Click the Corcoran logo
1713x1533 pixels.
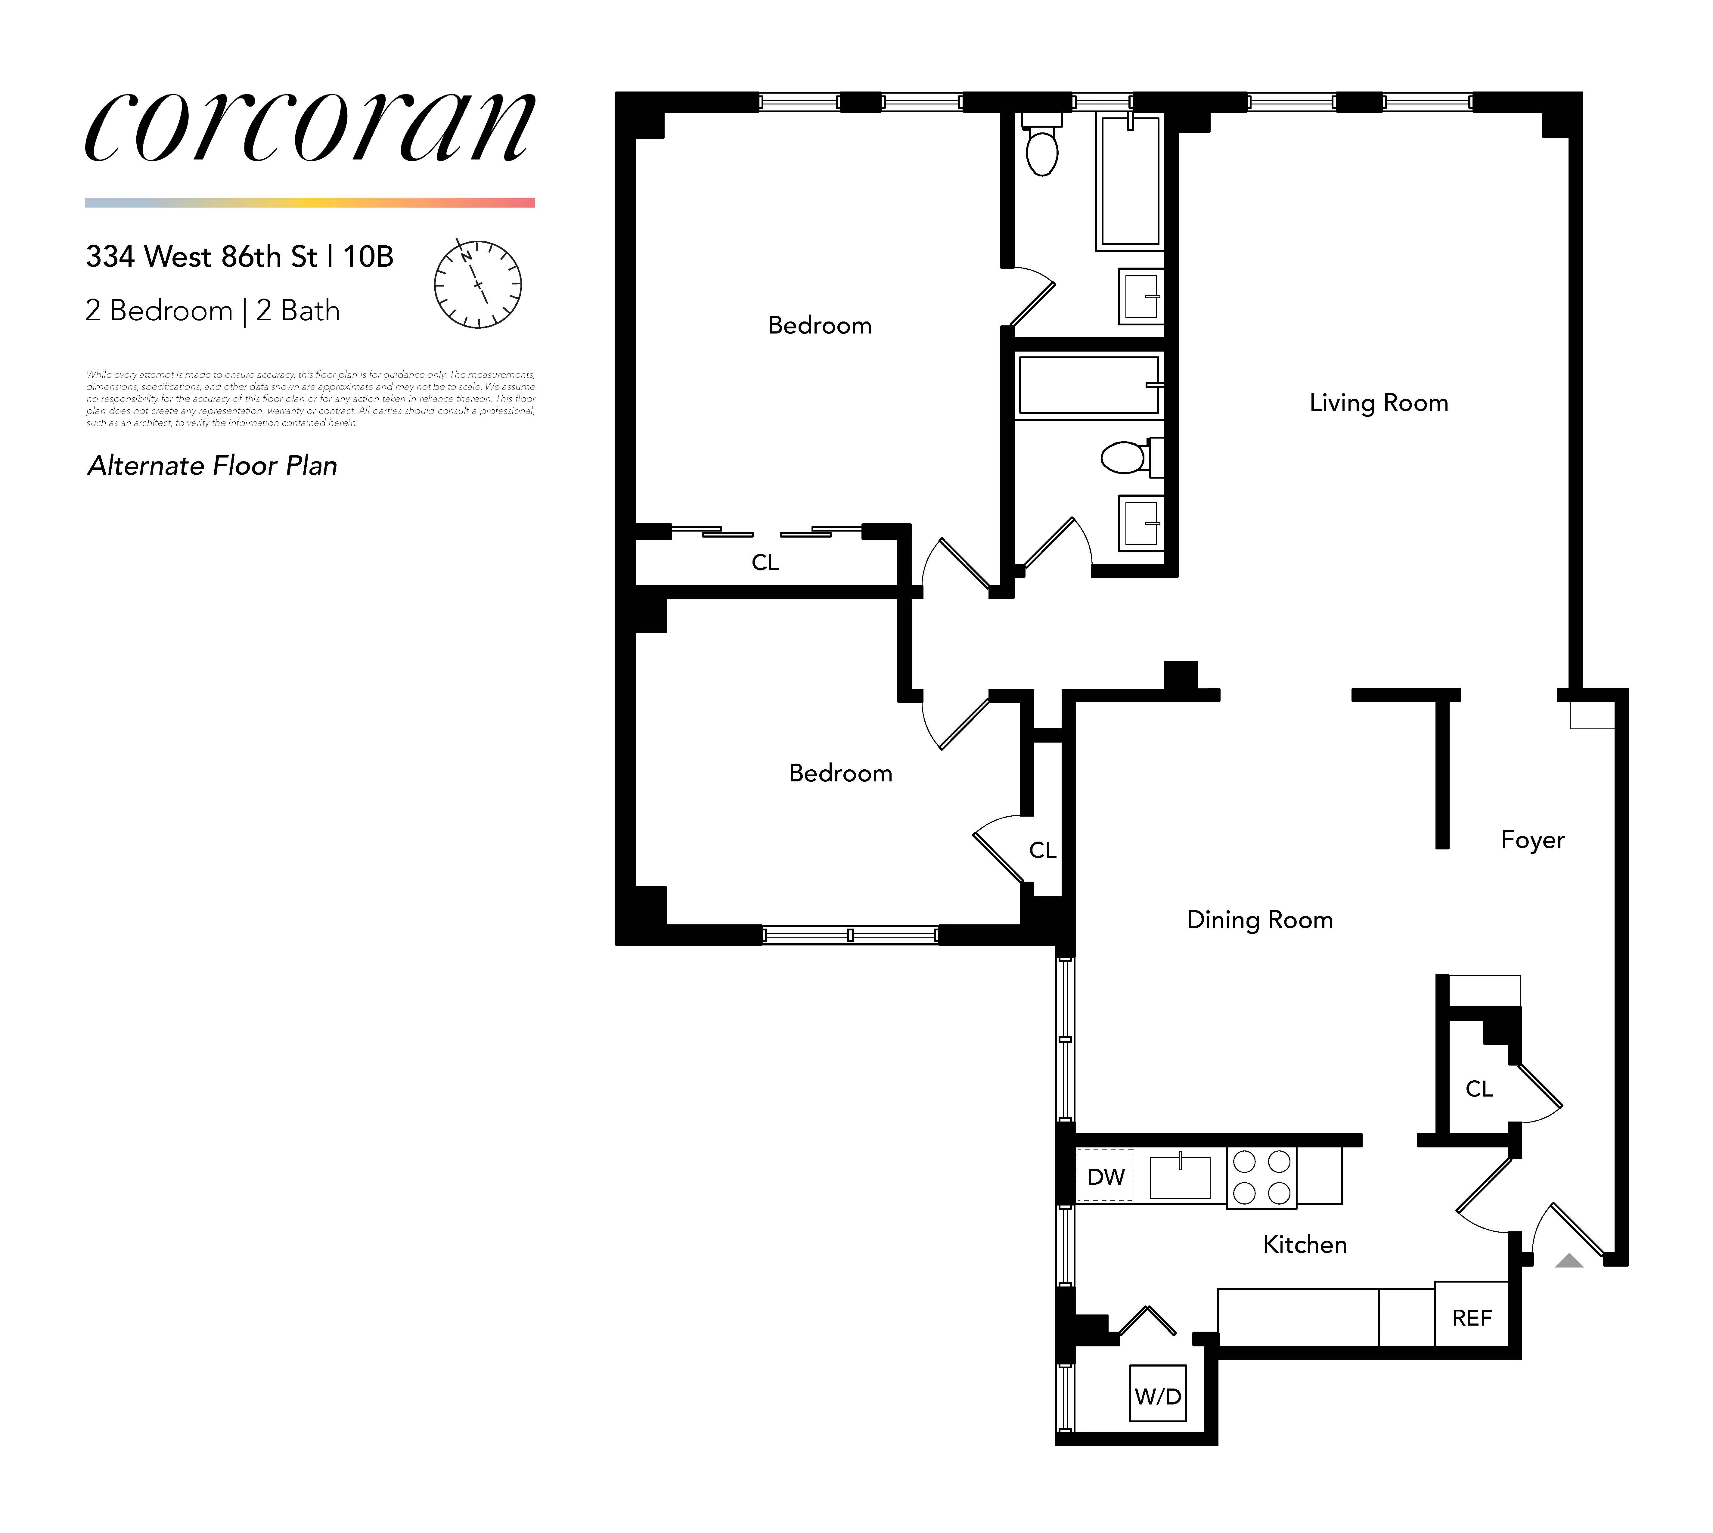point(310,128)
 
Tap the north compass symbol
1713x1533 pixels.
point(477,284)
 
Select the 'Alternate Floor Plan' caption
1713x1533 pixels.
point(212,466)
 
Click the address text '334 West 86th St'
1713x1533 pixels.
point(202,257)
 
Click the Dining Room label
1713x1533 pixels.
point(1259,920)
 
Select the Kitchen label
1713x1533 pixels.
point(1305,1245)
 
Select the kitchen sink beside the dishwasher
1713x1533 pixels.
point(1180,1177)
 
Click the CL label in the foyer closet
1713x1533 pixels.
point(1479,1089)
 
